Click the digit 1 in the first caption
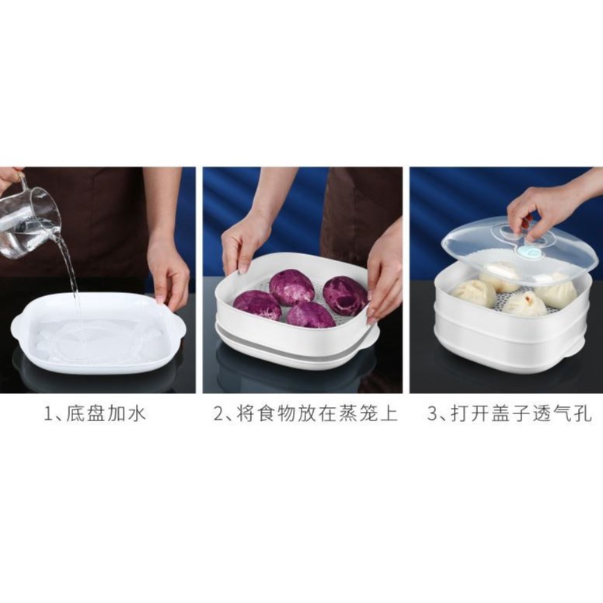[48, 415]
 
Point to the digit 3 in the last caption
[433, 415]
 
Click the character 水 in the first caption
[136, 415]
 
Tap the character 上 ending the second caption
[388, 415]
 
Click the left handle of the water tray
[18, 322]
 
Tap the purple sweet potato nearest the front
[311, 315]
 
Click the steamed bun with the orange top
[525, 304]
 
